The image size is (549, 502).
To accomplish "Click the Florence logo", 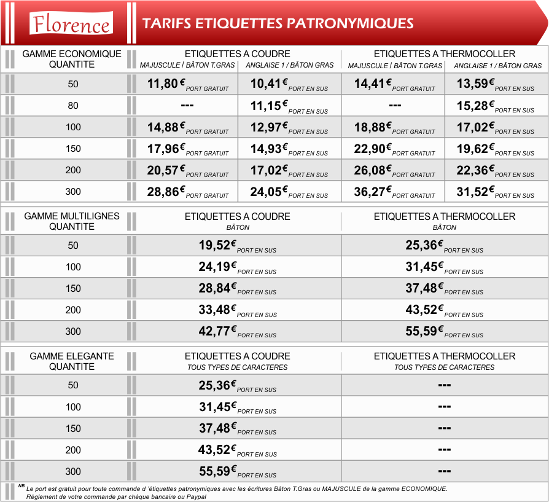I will [x=71, y=23].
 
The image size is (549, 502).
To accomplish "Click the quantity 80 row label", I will [x=73, y=106].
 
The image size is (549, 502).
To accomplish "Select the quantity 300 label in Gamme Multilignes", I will [x=73, y=331].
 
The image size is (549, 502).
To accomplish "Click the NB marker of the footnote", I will [x=21, y=486].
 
